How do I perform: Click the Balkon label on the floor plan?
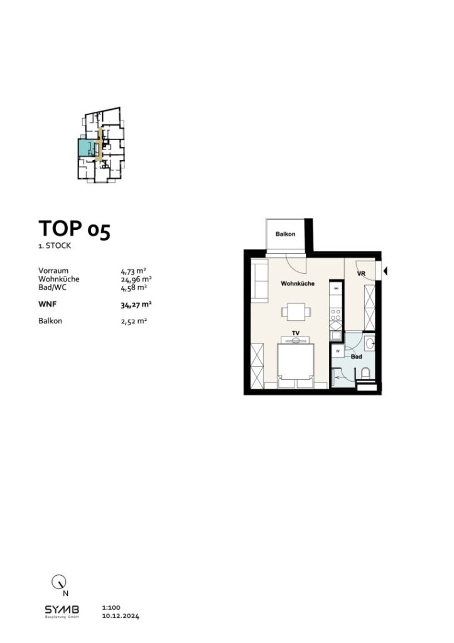[285, 234]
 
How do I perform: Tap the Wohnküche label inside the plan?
[297, 284]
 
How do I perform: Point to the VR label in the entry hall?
[361, 274]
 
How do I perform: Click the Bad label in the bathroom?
[356, 356]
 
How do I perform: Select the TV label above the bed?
[295, 333]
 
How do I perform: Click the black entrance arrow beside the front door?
[386, 271]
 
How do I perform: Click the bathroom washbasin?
[370, 343]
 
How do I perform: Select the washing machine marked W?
[337, 350]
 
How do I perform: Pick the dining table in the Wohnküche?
[295, 311]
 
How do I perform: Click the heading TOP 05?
[74, 229]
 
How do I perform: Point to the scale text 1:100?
[110, 608]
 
